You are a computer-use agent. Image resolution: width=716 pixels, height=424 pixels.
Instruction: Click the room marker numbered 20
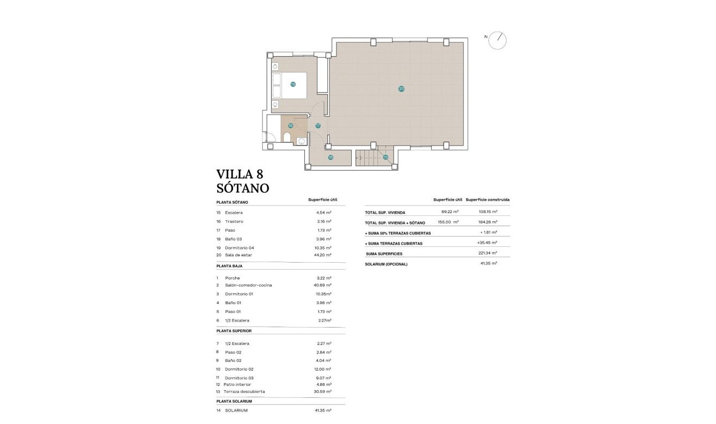pyautogui.click(x=401, y=89)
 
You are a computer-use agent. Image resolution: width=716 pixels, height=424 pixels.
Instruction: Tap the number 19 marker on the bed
pyautogui.click(x=293, y=84)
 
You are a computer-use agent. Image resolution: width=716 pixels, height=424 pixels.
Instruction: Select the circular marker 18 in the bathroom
pyautogui.click(x=290, y=125)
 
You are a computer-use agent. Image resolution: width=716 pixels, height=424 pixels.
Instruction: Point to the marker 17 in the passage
pyautogui.click(x=318, y=126)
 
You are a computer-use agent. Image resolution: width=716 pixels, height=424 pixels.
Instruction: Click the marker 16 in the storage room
pyautogui.click(x=331, y=157)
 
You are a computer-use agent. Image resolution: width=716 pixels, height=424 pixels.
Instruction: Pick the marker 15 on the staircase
pyautogui.click(x=385, y=157)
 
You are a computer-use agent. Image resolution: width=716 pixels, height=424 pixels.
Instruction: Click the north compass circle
pyautogui.click(x=498, y=40)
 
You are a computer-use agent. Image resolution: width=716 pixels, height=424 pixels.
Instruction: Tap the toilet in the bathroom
pyautogui.click(x=287, y=137)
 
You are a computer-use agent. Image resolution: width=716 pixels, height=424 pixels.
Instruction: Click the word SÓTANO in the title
pyautogui.click(x=243, y=189)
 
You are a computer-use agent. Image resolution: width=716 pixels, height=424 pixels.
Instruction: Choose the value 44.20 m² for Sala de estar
pyautogui.click(x=324, y=255)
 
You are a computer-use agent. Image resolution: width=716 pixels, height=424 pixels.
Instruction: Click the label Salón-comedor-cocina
pyautogui.click(x=248, y=286)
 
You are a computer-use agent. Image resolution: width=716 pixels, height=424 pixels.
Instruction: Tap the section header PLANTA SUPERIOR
pyautogui.click(x=234, y=331)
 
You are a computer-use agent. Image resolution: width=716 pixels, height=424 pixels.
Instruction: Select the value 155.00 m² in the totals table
pyautogui.click(x=448, y=222)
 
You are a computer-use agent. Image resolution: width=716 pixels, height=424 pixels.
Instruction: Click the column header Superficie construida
pyautogui.click(x=488, y=199)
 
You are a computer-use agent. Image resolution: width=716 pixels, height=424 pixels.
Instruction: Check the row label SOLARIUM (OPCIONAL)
pyautogui.click(x=386, y=264)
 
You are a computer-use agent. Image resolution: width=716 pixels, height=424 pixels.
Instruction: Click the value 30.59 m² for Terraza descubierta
pyautogui.click(x=324, y=392)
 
